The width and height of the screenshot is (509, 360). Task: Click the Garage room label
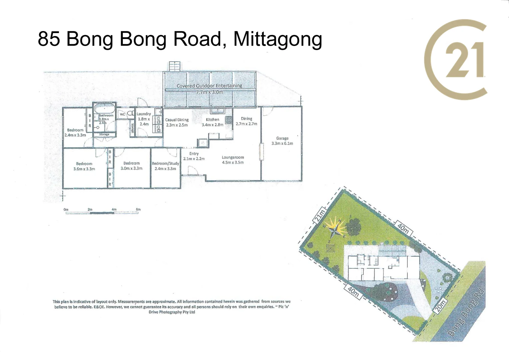point(282,141)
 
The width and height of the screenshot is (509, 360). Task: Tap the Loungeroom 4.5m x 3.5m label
point(233,160)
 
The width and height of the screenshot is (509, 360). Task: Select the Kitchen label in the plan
point(213,122)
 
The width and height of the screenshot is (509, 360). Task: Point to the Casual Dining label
point(177,122)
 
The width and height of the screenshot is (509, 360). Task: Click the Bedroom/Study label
point(165,166)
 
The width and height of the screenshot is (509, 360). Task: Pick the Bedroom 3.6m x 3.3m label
point(84,166)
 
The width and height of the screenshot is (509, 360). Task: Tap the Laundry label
point(144,119)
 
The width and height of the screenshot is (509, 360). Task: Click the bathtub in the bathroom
point(104,109)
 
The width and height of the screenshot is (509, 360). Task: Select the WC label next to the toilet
point(122,114)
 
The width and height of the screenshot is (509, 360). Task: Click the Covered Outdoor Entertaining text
point(209,86)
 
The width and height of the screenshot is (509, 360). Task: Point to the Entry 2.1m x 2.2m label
point(194,156)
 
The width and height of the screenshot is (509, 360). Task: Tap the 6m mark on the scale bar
point(138,210)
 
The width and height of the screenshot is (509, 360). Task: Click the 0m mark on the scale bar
point(66,210)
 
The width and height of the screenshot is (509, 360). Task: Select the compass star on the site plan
point(335,229)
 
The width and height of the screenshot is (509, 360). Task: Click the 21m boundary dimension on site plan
point(319,216)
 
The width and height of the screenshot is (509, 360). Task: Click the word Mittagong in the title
point(277,39)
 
